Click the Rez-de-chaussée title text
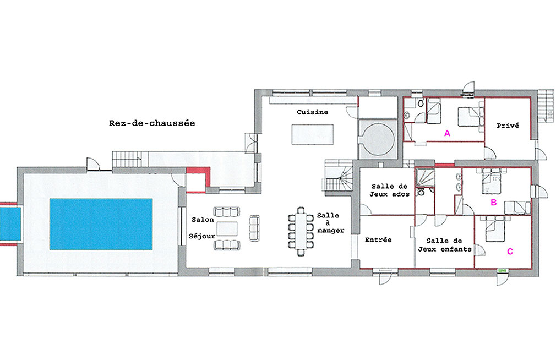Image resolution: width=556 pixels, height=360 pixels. [152, 123]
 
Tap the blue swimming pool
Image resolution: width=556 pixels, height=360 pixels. [101, 224]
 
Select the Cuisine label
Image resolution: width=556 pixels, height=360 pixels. [312, 112]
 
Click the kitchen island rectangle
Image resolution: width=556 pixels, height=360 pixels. [312, 134]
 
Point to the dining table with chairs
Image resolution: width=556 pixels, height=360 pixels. [301, 231]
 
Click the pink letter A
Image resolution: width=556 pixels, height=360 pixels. [447, 133]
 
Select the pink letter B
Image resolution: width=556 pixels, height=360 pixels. [493, 203]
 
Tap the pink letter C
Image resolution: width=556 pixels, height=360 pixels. [510, 252]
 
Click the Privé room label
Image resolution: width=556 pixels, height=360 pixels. [508, 126]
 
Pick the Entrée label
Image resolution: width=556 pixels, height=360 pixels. [378, 240]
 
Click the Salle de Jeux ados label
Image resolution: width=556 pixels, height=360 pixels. [390, 190]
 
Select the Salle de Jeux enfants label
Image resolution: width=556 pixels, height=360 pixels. [445, 245]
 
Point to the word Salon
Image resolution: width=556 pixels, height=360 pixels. [203, 220]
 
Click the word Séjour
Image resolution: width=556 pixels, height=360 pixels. [202, 236]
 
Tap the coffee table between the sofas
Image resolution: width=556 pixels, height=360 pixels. [227, 229]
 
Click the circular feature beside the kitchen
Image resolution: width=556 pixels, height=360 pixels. [378, 139]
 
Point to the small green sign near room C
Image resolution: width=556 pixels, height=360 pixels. [502, 271]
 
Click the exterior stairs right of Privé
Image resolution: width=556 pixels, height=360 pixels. [546, 106]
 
